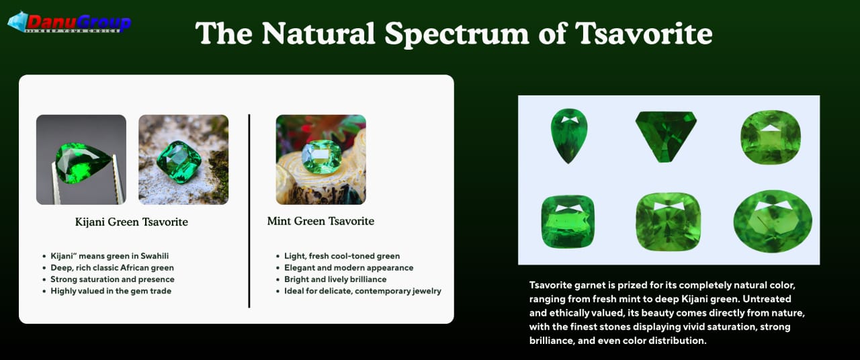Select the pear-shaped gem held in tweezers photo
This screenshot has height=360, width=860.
pyautogui.click(x=81, y=160)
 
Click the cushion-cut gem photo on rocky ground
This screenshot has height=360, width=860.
pyautogui.click(x=183, y=160)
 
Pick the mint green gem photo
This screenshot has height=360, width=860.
pyautogui.click(x=320, y=160)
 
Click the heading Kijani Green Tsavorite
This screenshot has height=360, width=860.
pyautogui.click(x=132, y=222)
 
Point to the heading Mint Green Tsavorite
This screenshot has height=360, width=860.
pyautogui.click(x=320, y=221)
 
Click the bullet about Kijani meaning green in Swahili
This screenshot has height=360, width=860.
pyautogui.click(x=110, y=256)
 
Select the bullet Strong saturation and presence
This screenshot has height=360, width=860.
pyautogui.click(x=112, y=279)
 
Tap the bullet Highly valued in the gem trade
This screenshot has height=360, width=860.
pyautogui.click(x=111, y=291)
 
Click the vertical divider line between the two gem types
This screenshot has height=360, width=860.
pyautogui.click(x=249, y=211)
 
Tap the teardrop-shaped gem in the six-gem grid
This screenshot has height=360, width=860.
pyautogui.click(x=568, y=135)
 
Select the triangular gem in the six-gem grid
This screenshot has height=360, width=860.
pyautogui.click(x=666, y=136)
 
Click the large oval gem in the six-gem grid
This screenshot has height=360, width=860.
pyautogui.click(x=773, y=222)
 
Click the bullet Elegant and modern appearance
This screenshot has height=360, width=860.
pyautogui.click(x=348, y=267)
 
